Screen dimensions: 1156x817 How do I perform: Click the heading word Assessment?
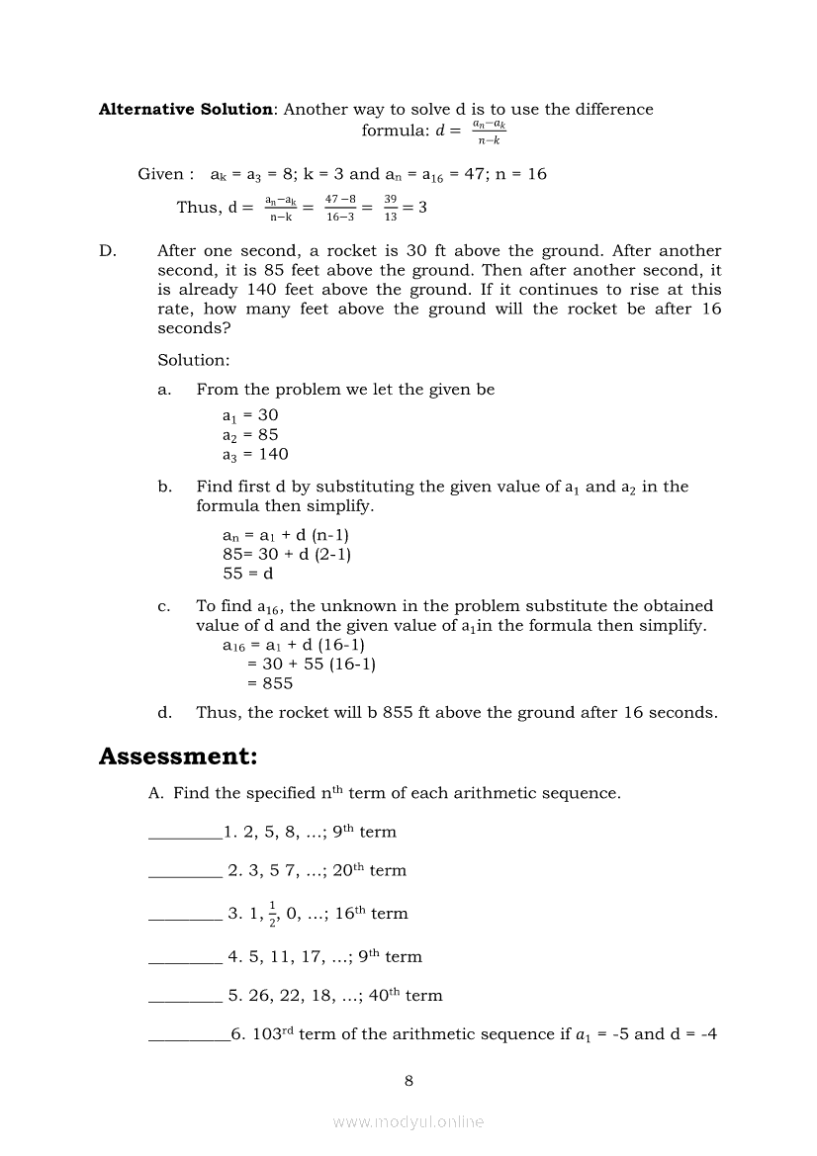tap(177, 756)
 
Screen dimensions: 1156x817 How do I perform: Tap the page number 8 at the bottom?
tap(408, 1080)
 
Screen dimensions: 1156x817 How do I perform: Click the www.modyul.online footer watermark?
tap(408, 1121)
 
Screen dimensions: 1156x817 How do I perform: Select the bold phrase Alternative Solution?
tap(185, 109)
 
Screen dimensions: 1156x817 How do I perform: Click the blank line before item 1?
tap(184, 837)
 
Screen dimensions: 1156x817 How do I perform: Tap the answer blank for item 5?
tap(184, 1001)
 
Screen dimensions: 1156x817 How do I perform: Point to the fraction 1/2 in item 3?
tap(272, 914)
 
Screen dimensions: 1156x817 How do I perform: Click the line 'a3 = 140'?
tap(255, 454)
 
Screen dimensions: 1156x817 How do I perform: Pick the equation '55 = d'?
tap(247, 574)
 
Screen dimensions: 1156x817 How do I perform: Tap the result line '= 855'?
tap(269, 683)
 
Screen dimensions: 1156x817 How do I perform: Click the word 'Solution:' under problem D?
tap(193, 360)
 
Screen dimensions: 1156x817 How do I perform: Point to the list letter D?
tap(107, 251)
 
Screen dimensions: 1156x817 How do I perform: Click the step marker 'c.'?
tap(164, 606)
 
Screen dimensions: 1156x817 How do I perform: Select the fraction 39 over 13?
tap(391, 207)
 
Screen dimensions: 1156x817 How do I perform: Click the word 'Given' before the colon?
tap(160, 174)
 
